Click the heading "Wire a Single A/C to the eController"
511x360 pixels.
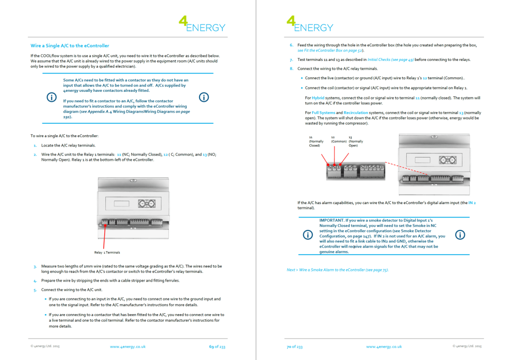coord(69,46)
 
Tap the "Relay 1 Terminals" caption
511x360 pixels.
coord(107,252)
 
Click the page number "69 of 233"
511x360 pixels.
coord(217,347)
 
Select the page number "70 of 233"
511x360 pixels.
coord(294,347)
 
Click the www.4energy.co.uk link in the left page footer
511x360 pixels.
coord(127,347)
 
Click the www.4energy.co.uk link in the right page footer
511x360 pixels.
coord(384,347)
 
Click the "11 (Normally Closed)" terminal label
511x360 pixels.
coord(316,141)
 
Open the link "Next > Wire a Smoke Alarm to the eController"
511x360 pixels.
coord(337,270)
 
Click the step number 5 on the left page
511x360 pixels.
coord(35,290)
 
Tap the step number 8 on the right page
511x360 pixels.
coord(291,68)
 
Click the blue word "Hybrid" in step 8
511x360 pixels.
coord(318,98)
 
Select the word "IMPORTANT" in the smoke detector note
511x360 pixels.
coord(331,220)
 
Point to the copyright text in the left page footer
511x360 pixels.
coord(45,347)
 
